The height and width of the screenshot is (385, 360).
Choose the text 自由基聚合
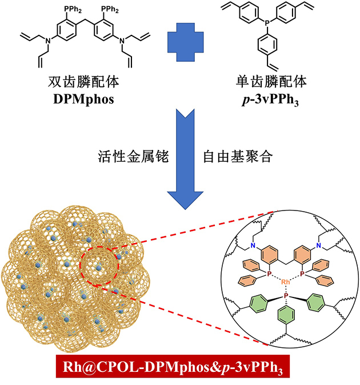[235, 155]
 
